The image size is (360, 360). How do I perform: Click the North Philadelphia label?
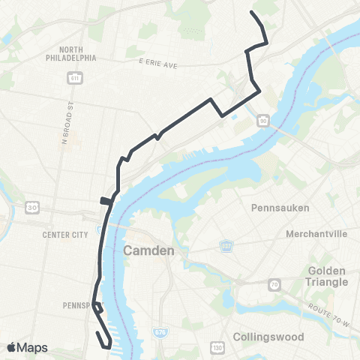(70, 52)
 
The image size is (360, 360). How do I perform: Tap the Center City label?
(65, 235)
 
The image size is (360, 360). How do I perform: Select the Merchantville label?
(316, 234)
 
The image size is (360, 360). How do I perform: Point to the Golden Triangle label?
(328, 276)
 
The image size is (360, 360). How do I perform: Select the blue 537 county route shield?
(226, 245)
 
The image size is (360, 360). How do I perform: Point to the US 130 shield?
(217, 347)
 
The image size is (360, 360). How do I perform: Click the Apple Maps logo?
(27, 347)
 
